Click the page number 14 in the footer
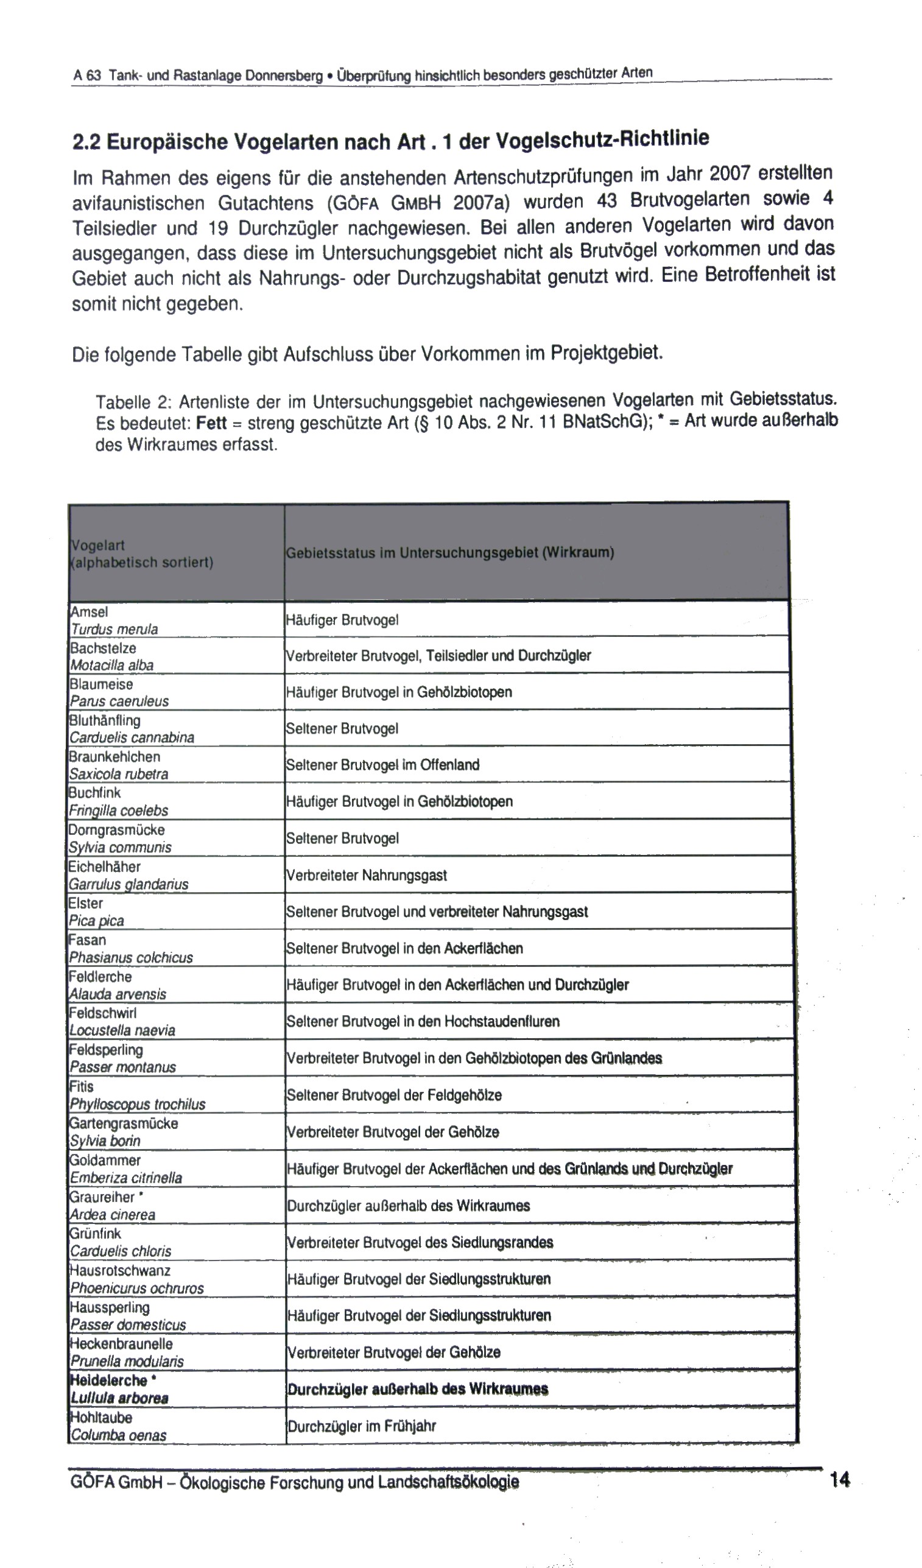839,1480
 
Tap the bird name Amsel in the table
89,611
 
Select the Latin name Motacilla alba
112,665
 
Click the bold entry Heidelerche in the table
108,1380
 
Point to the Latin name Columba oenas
118,1435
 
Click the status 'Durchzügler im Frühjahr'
362,1426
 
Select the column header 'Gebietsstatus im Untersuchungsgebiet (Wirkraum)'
450,552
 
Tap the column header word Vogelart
97,545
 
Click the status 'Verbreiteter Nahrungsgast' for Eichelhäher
367,876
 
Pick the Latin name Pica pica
96,921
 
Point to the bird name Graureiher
102,1197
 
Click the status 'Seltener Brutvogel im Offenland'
382,765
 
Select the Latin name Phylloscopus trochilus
138,1105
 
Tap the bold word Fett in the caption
211,423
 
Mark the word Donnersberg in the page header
284,76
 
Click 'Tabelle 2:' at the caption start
128,402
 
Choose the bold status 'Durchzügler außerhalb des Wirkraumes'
417,1390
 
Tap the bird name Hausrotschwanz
120,1271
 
